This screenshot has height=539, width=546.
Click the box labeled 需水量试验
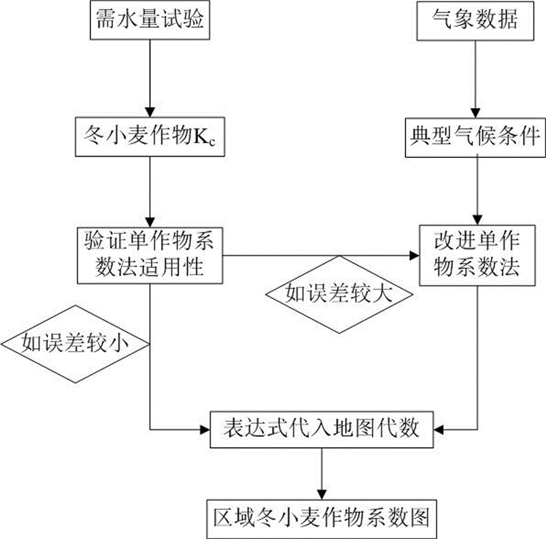[x=150, y=21]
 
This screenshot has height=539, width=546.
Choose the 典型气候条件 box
[x=476, y=135]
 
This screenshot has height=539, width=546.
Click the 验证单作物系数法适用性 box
[x=150, y=254]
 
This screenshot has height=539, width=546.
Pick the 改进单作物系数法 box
[x=477, y=254]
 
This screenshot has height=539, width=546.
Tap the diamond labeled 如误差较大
[x=339, y=295]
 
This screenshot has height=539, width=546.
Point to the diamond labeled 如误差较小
[x=75, y=343]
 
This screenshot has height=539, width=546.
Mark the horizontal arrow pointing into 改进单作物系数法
[x=322, y=255]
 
